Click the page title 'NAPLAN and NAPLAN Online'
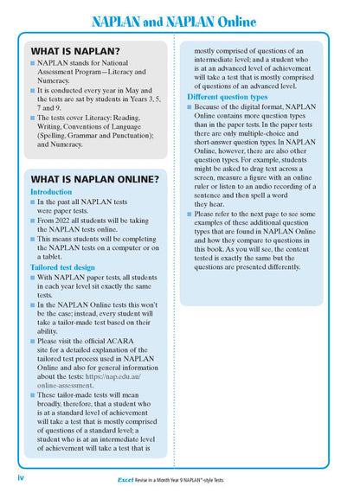179,19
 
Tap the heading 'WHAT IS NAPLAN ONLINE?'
94,179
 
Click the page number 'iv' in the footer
20,477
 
